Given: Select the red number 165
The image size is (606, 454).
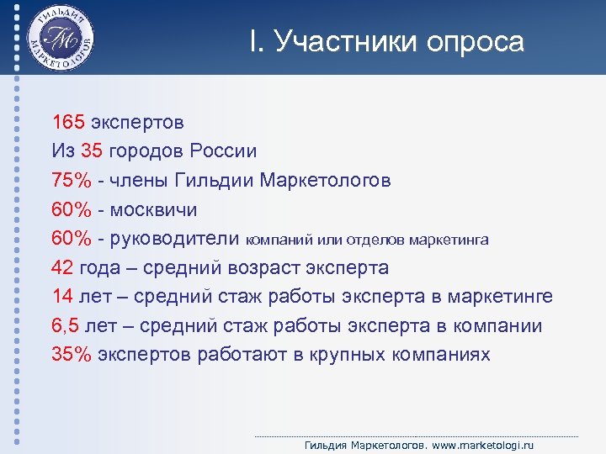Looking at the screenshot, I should [x=68, y=122].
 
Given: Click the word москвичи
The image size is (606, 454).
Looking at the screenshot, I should [x=156, y=209].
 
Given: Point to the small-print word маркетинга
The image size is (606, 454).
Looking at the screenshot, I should [x=448, y=240].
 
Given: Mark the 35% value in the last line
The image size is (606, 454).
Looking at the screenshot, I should [x=72, y=355].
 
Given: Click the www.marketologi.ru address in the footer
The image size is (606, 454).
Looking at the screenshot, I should [x=484, y=445].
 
